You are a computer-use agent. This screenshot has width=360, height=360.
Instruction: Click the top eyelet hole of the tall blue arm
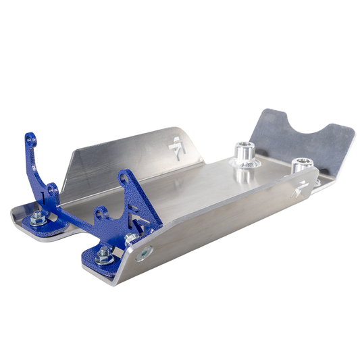pyautogui.click(x=30, y=141)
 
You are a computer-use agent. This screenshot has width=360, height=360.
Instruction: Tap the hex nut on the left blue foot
pyautogui.click(x=38, y=217)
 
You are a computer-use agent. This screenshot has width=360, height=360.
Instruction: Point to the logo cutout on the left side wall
pyautogui.click(x=176, y=146)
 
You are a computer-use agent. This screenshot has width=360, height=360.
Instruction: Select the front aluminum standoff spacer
pyautogui.click(x=242, y=155)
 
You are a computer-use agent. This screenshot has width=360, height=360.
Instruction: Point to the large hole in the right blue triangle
pyautogui.click(x=125, y=179)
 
